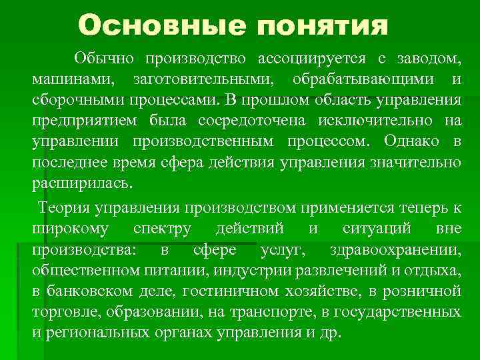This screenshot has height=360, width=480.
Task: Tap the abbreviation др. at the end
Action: (330, 333)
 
